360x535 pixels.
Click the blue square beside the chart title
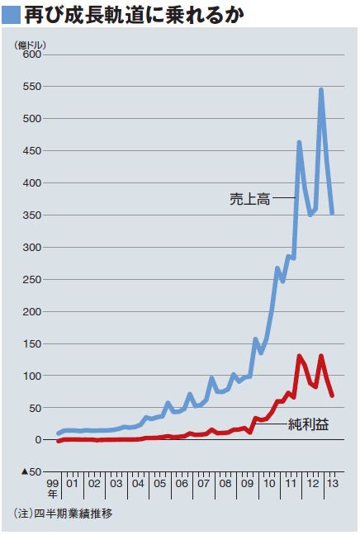pyautogui.click(x=12, y=15)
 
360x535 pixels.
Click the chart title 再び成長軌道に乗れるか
pyautogui.click(x=134, y=15)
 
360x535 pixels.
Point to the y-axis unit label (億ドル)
pyautogui.click(x=30, y=45)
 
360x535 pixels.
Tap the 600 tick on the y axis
pyautogui.click(x=32, y=54)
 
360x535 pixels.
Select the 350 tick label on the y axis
pyautogui.click(x=32, y=215)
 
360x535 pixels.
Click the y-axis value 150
pyautogui.click(x=32, y=343)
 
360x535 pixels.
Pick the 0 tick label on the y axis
pyautogui.click(x=38, y=440)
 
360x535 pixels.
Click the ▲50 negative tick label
pyautogui.click(x=31, y=472)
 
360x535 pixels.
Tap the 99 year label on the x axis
pyautogui.click(x=53, y=484)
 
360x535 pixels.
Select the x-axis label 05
pyautogui.click(x=159, y=484)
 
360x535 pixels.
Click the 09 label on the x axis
pyautogui.click(x=247, y=484)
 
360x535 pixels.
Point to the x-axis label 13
pyautogui.click(x=333, y=484)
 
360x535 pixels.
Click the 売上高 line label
pyautogui.click(x=250, y=199)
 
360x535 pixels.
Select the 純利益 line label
pyautogui.click(x=309, y=424)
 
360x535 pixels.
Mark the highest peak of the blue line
pyautogui.click(x=321, y=90)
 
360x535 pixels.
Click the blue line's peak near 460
pyautogui.click(x=299, y=142)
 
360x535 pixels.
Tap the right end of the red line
pyautogui.click(x=333, y=395)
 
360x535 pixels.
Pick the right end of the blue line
pyautogui.click(x=333, y=213)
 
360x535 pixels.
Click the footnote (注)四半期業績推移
pyautogui.click(x=63, y=513)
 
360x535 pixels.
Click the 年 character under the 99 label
pyautogui.click(x=53, y=494)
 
